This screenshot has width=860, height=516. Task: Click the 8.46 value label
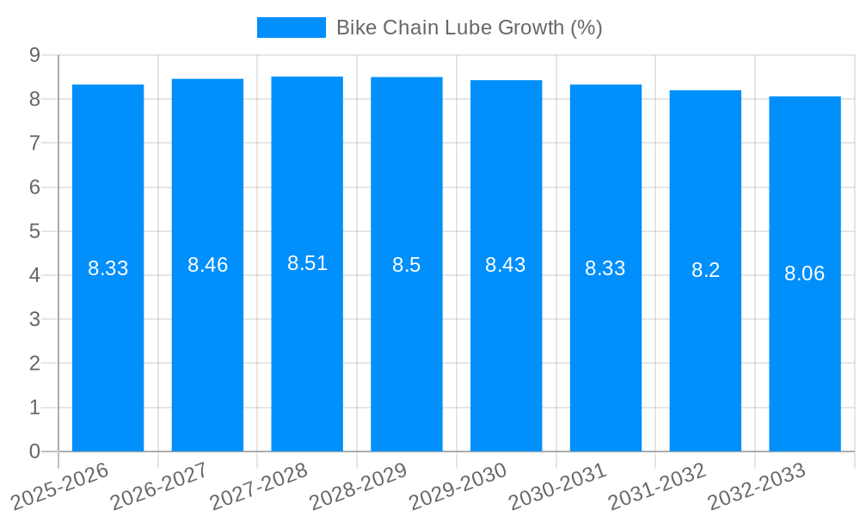pyautogui.click(x=207, y=265)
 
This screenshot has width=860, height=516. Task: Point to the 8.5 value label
pyautogui.click(x=406, y=265)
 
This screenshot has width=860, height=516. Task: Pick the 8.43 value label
pyautogui.click(x=506, y=265)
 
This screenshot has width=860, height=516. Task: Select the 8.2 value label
pyautogui.click(x=705, y=270)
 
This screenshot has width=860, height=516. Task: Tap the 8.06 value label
pyautogui.click(x=804, y=273)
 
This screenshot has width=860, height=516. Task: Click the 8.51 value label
pyautogui.click(x=307, y=263)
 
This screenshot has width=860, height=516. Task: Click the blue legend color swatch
pyautogui.click(x=291, y=28)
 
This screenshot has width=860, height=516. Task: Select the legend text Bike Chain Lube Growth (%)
pyautogui.click(x=469, y=28)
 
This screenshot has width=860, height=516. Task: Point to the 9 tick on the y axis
pyautogui.click(x=34, y=55)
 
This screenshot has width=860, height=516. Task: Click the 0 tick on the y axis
pyautogui.click(x=34, y=451)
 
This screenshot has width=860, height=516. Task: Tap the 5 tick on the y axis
pyautogui.click(x=34, y=231)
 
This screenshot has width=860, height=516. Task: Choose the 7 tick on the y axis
pyautogui.click(x=34, y=143)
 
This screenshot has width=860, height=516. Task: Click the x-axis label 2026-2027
pyautogui.click(x=159, y=486)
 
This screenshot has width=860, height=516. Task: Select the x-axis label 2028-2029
pyautogui.click(x=358, y=486)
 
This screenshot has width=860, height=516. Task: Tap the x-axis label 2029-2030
pyautogui.click(x=458, y=486)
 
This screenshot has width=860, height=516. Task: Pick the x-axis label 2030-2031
pyautogui.click(x=557, y=486)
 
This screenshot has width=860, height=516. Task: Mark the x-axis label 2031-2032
pyautogui.click(x=657, y=486)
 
